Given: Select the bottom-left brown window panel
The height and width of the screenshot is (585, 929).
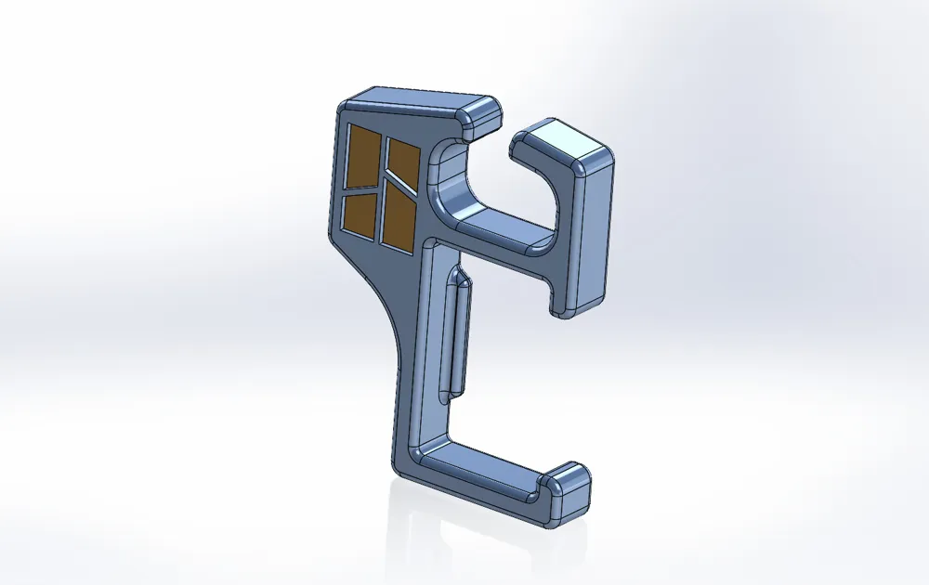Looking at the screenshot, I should coord(359,213).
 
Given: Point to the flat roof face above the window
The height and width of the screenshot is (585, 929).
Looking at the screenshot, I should coord(418,99).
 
